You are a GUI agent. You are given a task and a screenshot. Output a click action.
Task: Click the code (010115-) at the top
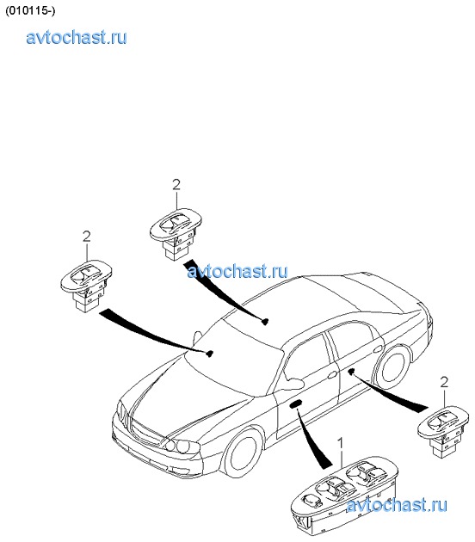click(30, 10)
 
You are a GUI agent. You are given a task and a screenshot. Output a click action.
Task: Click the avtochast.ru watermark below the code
click(77, 37)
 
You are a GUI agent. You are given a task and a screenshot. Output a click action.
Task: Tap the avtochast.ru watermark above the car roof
click(237, 271)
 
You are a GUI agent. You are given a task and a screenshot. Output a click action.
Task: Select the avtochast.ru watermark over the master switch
click(397, 505)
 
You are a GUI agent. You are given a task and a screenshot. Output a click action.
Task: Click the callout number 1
click(341, 443)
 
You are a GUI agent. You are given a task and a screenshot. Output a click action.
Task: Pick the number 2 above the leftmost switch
click(86, 237)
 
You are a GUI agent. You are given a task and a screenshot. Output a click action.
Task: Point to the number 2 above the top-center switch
click(176, 185)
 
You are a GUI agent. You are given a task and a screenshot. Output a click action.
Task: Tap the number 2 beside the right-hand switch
click(444, 382)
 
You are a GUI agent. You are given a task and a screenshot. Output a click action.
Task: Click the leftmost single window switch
click(86, 285)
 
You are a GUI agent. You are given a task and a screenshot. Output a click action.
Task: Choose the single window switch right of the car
click(443, 431)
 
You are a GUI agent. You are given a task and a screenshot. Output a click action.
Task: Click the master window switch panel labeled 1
click(344, 498)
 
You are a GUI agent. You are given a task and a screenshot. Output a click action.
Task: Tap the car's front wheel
click(243, 453)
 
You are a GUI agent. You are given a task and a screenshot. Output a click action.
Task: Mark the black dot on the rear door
click(352, 372)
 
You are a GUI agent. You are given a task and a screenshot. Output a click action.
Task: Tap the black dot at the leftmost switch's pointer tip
click(209, 354)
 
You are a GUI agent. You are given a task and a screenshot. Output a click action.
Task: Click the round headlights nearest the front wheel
click(179, 446)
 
